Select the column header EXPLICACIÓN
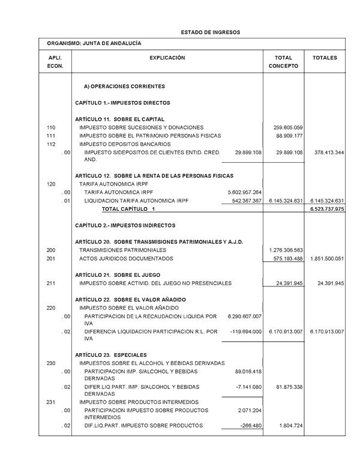(167, 58)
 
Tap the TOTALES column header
(325, 58)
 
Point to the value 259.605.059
(287, 127)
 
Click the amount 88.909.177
(289, 136)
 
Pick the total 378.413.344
(328, 153)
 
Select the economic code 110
(51, 127)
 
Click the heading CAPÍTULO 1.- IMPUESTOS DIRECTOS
(122, 103)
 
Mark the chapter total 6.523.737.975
(327, 209)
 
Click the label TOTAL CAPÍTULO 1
(128, 209)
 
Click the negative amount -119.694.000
(245, 331)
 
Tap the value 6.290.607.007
(245, 316)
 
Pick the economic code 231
(51, 402)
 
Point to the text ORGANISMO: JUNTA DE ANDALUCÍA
(95, 43)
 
